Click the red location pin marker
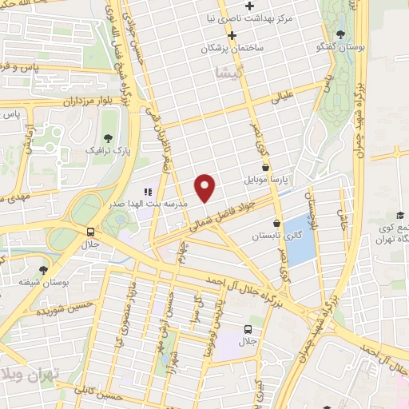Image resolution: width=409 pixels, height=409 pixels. [205, 187]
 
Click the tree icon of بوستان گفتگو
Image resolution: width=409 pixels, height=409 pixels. [341, 34]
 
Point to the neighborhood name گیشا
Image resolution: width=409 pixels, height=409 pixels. [227, 73]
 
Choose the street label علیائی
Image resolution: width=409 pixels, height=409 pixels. [285, 99]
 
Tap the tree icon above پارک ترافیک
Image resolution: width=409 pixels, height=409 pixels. [109, 137]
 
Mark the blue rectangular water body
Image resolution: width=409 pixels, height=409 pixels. [299, 240]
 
